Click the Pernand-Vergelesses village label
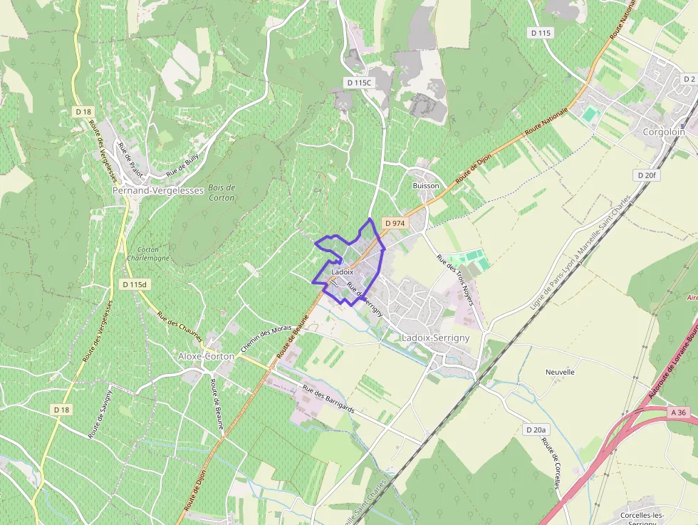158,191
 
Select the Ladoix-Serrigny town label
435,338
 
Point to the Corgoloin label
664,132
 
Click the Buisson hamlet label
426,186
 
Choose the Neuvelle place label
560,372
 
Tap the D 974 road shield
395,223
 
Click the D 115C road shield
358,83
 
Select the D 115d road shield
133,284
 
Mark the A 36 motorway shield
679,412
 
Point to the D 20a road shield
536,430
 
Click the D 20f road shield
646,175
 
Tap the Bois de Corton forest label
221,193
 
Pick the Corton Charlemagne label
152,254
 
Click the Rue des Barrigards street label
328,399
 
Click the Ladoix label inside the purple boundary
343,271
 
